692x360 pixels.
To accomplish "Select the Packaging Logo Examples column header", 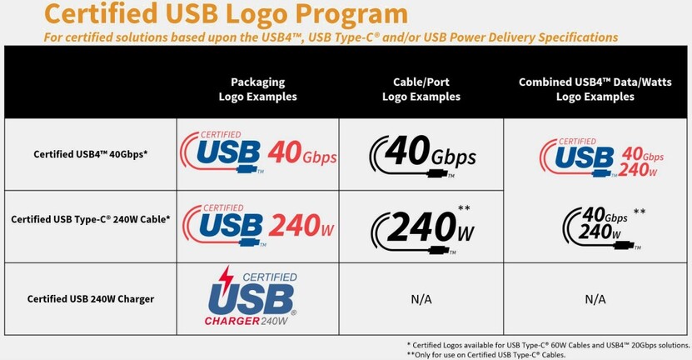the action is pyautogui.click(x=258, y=89).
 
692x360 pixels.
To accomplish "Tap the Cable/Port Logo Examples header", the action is pyautogui.click(x=421, y=89).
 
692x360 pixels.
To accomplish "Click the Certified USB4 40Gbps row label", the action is pyautogui.click(x=91, y=154).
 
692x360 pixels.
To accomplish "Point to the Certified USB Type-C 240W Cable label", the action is pyautogui.click(x=91, y=219).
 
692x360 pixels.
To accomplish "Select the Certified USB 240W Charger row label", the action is pyautogui.click(x=91, y=299).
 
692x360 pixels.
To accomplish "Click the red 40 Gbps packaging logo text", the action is pyautogui.click(x=302, y=152).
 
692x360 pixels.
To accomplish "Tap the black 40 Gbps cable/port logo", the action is pyautogui.click(x=423, y=156).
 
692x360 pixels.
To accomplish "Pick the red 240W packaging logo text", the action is pyautogui.click(x=301, y=226).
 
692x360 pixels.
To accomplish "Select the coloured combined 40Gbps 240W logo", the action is pyautogui.click(x=601, y=157).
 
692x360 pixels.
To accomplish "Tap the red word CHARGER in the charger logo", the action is pyautogui.click(x=232, y=321).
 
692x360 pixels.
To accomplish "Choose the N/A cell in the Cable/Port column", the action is pyautogui.click(x=421, y=299).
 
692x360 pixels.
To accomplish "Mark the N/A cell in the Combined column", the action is pyautogui.click(x=595, y=299).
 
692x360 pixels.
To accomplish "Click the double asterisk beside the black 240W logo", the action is pyautogui.click(x=464, y=208).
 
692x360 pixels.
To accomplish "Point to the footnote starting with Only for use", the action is pyautogui.click(x=486, y=355).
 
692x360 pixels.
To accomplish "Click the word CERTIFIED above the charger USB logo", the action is pyautogui.click(x=270, y=277).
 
